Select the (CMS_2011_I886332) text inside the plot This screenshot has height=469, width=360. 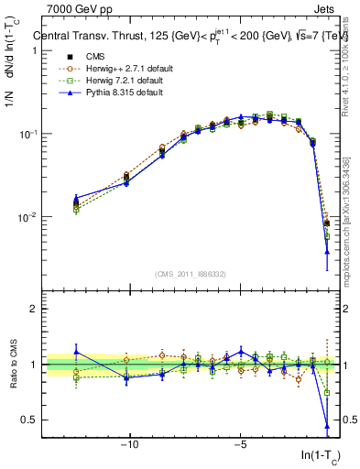tap(193, 274)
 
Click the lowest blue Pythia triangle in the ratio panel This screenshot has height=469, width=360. tap(327, 426)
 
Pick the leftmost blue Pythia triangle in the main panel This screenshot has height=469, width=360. tap(76, 198)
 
